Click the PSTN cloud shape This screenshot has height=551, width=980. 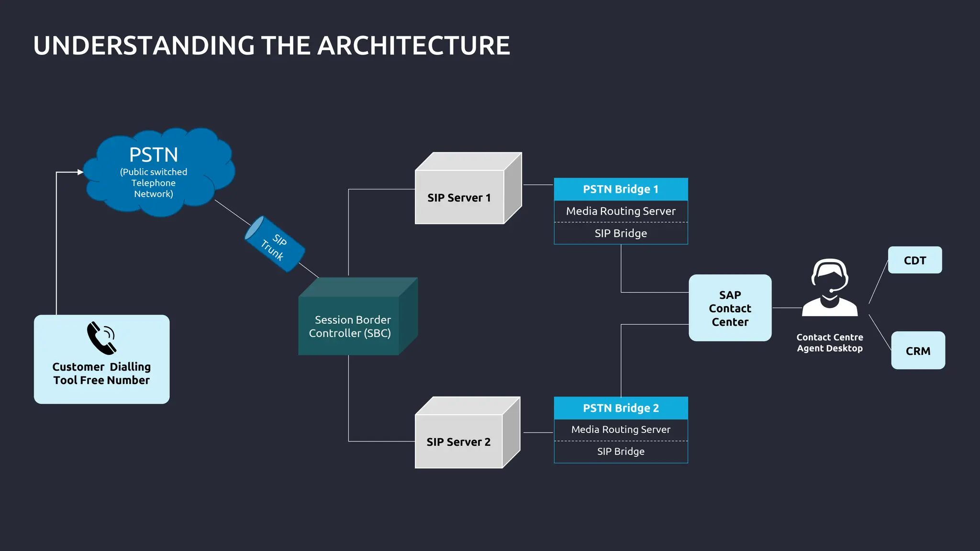[x=158, y=172]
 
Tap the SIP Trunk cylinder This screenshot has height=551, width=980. [x=275, y=244]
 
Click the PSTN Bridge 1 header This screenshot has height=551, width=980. [x=621, y=189]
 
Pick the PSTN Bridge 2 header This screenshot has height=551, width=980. [x=621, y=408]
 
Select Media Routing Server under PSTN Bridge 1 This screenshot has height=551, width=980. [x=621, y=211]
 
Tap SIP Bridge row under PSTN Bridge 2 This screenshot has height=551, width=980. [x=621, y=452]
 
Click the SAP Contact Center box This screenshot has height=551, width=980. [x=730, y=308]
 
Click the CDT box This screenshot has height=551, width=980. [x=915, y=260]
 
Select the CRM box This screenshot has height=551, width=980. [x=918, y=351]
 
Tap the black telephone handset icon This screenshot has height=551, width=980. [x=101, y=338]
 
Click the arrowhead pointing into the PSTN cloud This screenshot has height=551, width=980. [x=80, y=172]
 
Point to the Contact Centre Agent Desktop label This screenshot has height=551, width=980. [x=830, y=343]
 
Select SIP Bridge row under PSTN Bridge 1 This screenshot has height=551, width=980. [x=621, y=233]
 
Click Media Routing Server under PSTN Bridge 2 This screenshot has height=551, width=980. [x=621, y=430]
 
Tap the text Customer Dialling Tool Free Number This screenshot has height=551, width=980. [x=101, y=374]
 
